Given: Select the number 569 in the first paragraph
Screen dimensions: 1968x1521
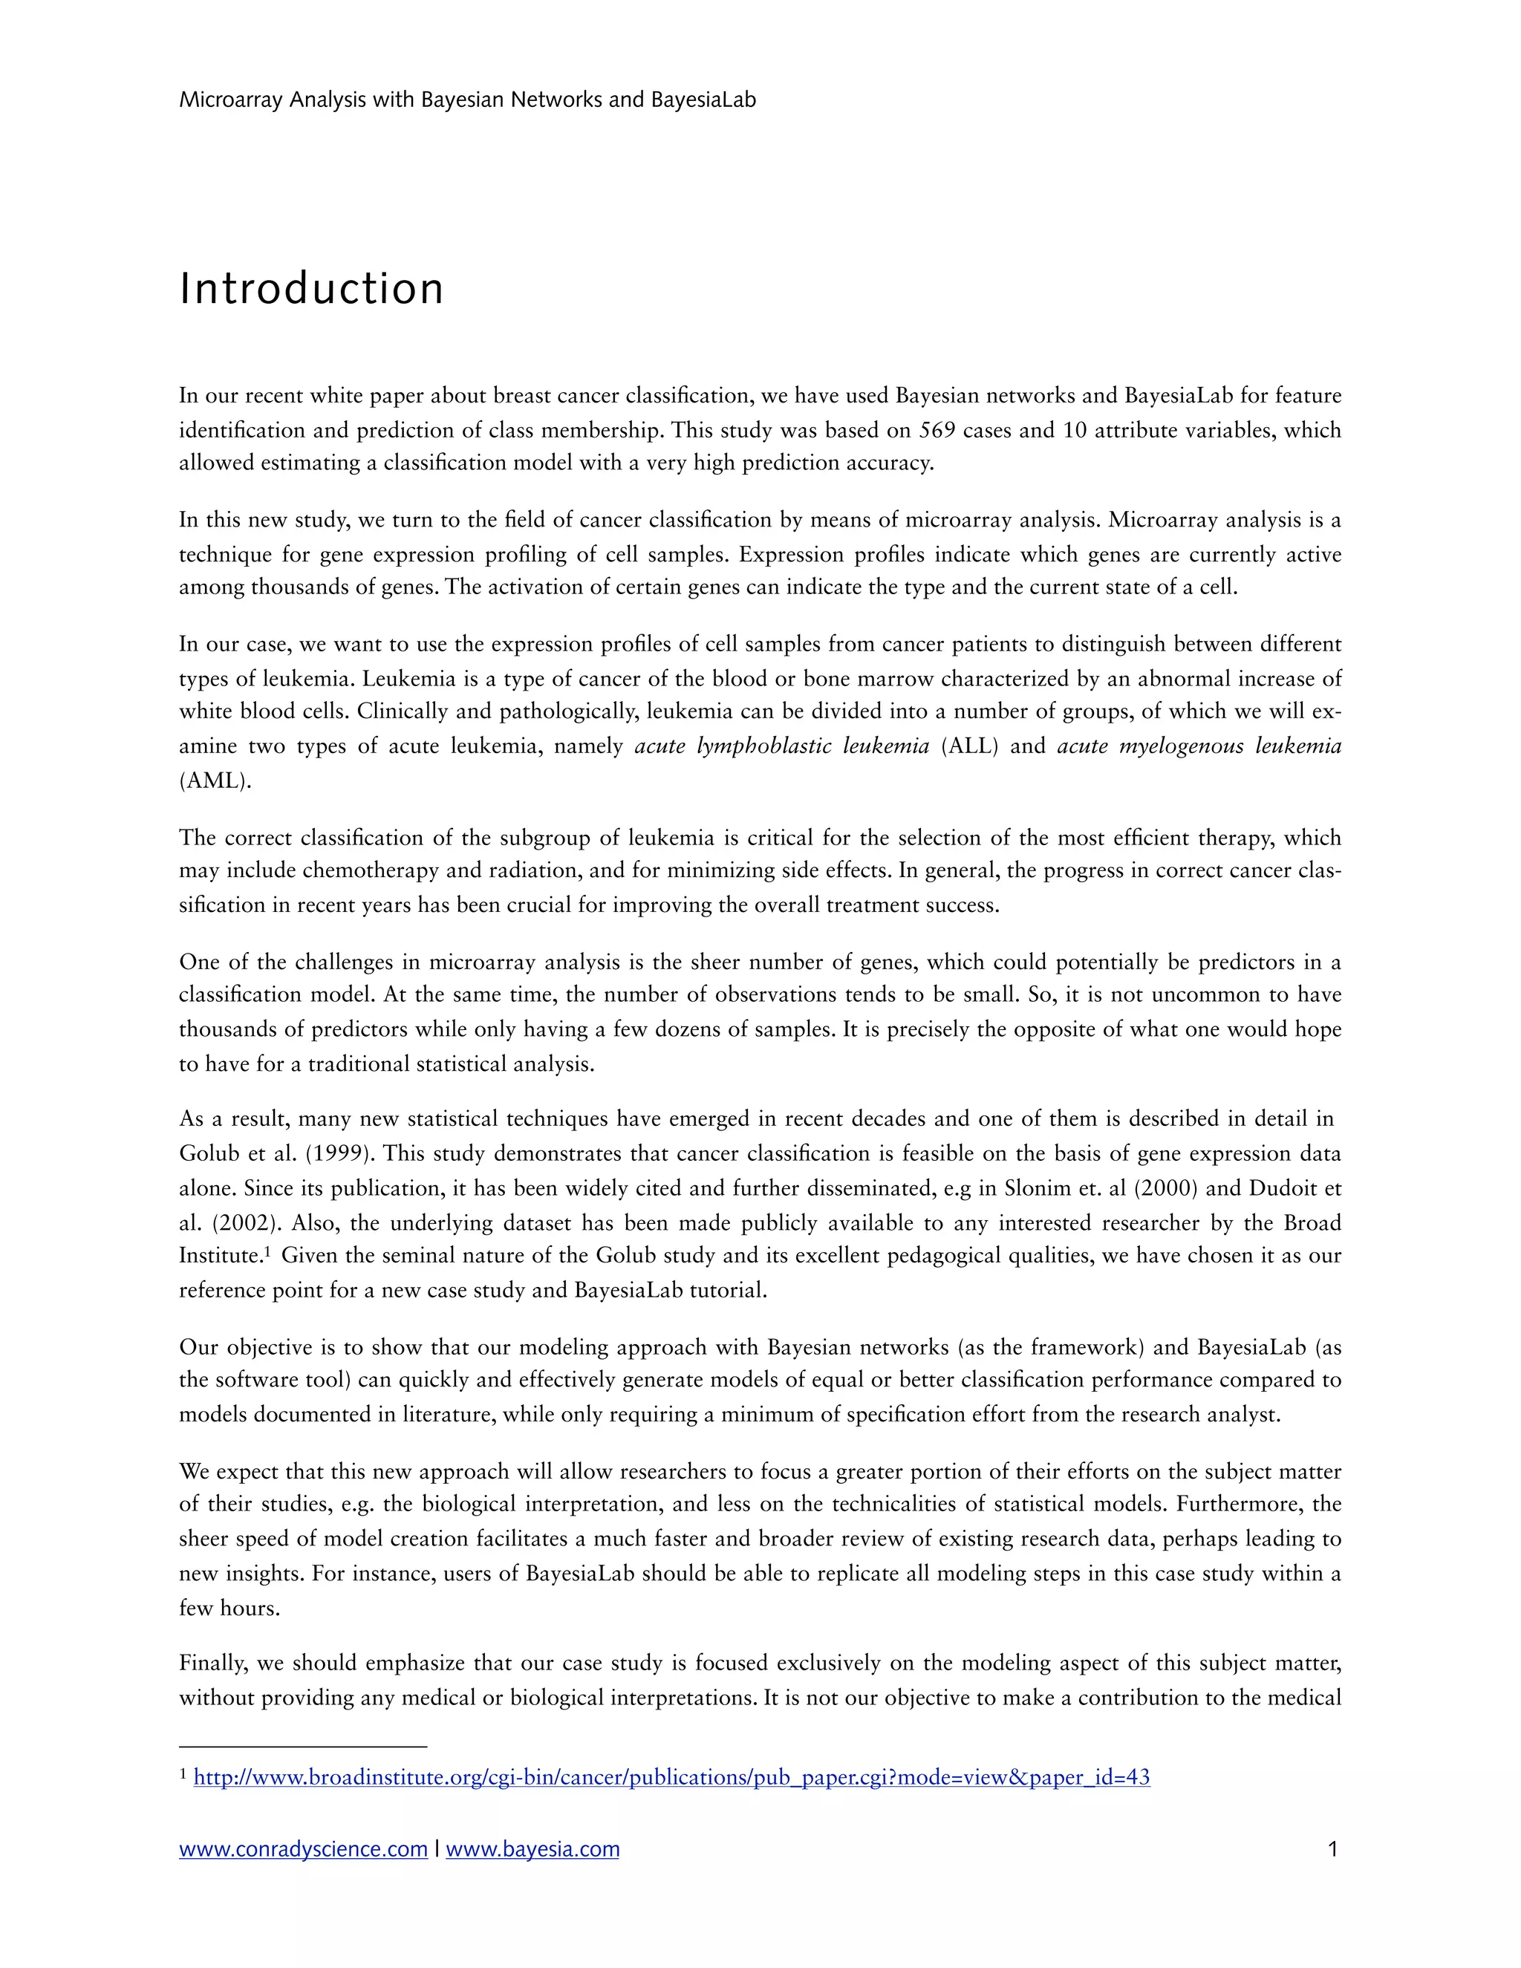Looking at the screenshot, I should coord(937,430).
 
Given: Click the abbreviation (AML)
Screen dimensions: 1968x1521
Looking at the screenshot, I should coord(215,781).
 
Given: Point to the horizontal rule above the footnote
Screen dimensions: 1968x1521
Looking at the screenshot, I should coord(303,1747).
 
